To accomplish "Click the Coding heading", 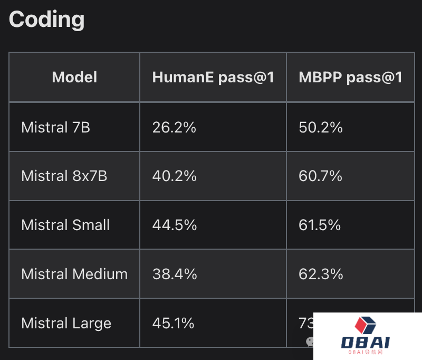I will (47, 20).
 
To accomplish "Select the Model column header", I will (74, 77).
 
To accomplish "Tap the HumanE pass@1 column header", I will (213, 77).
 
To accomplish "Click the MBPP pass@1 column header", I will (351, 77).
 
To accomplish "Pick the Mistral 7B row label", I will (55, 127).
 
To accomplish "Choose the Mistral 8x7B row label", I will (64, 176).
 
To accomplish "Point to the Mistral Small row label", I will (65, 225).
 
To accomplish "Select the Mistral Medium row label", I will (74, 274).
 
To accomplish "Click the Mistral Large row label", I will (66, 323).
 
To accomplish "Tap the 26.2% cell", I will (174, 127).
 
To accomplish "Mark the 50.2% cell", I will (321, 127).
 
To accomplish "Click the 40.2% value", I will (174, 176).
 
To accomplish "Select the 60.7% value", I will (321, 176).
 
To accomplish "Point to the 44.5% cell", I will (174, 225).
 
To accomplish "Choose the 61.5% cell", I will (321, 225).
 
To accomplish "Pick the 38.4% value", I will (174, 274).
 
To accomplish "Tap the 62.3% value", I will (321, 274).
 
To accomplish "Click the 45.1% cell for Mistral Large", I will (173, 323).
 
